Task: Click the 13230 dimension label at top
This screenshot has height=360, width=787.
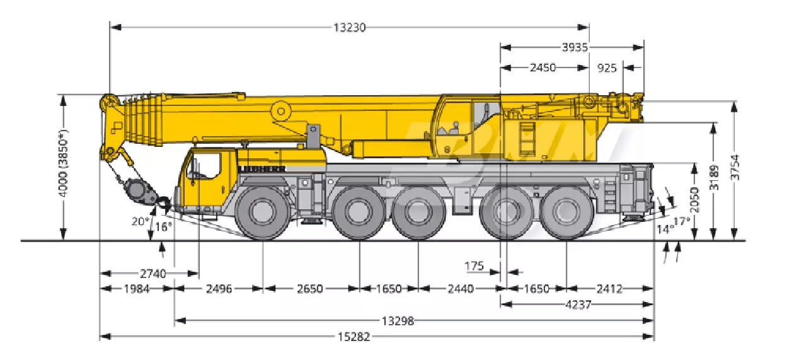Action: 350,27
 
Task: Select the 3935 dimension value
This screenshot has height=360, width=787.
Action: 575,47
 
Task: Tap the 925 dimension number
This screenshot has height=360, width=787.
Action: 607,67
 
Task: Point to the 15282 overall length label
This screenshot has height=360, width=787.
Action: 353,337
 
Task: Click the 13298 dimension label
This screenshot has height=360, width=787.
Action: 398,321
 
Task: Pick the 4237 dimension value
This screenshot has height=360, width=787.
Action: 578,305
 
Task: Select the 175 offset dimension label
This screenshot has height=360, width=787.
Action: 474,266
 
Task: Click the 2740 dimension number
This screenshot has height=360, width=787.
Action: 153,273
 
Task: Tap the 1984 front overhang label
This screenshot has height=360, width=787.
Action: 137,289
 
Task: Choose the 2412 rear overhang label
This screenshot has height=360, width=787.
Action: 609,289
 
